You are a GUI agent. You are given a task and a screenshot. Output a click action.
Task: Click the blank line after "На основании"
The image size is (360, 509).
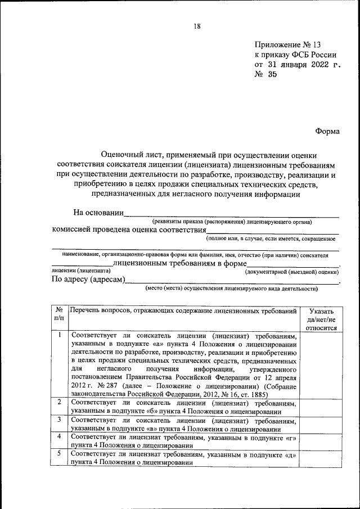(x=231, y=214)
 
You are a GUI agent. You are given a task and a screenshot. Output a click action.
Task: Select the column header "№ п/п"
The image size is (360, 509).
(x=58, y=314)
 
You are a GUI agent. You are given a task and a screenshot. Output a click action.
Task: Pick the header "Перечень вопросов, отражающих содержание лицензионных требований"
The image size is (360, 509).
(x=183, y=310)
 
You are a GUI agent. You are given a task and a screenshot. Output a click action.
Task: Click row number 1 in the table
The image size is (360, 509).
(x=58, y=335)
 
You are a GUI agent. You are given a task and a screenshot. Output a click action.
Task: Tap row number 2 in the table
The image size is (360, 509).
(x=58, y=402)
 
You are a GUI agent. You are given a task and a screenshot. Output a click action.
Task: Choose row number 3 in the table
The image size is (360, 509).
(x=58, y=420)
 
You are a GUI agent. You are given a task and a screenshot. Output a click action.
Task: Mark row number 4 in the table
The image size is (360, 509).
(x=58, y=436)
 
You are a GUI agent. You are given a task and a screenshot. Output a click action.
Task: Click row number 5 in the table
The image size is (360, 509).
(x=58, y=453)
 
